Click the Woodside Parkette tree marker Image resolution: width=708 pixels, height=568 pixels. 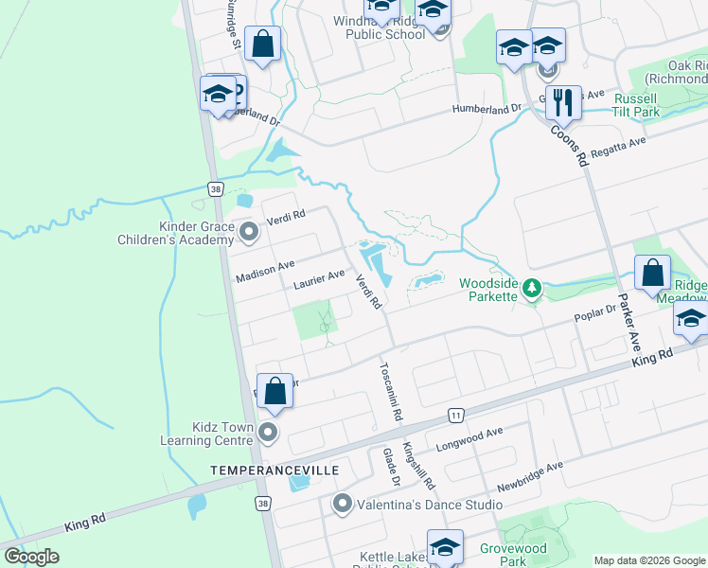pos(532,287)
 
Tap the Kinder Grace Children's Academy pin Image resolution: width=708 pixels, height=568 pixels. pos(249,231)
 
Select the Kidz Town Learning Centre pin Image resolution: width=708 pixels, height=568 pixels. pos(268,434)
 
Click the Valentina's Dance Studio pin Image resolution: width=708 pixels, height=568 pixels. pos(343,504)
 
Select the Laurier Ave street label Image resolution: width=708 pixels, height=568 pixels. pos(319,277)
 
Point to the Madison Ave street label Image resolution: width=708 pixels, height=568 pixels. pos(266,270)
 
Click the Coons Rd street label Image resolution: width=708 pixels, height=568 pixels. pos(568,143)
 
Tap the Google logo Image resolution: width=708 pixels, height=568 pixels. pos(31,556)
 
